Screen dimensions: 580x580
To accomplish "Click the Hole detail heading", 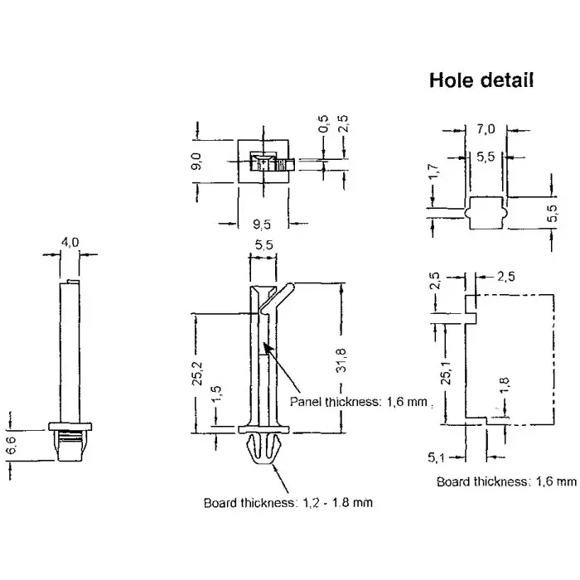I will click(x=481, y=80).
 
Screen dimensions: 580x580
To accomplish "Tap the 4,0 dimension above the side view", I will click(x=70, y=242).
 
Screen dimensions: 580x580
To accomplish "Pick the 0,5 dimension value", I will click(x=323, y=124).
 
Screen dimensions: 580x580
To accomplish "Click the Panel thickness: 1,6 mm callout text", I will click(x=363, y=402).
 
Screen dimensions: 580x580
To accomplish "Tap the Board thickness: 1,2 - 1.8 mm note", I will click(x=283, y=502).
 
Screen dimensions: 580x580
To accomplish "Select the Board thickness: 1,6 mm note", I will click(x=505, y=481).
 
